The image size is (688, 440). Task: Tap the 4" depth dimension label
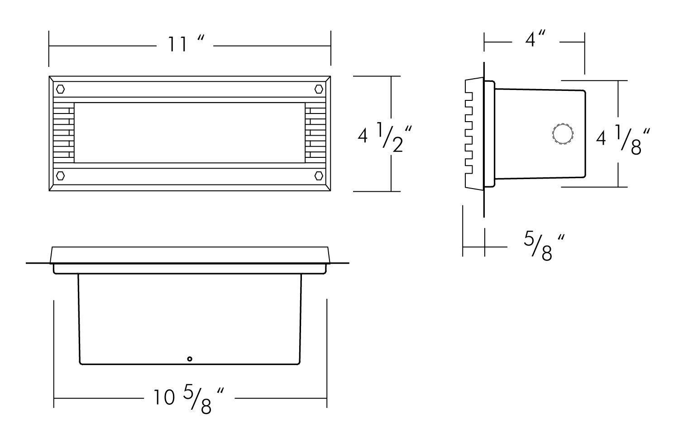[536, 40]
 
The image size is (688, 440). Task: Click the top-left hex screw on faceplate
[60, 89]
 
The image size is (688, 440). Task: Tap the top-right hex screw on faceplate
[319, 89]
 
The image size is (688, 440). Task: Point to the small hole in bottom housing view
[190, 359]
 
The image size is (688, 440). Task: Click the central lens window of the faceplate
[189, 132]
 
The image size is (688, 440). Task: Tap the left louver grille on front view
[63, 132]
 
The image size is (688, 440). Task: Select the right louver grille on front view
[315, 132]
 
